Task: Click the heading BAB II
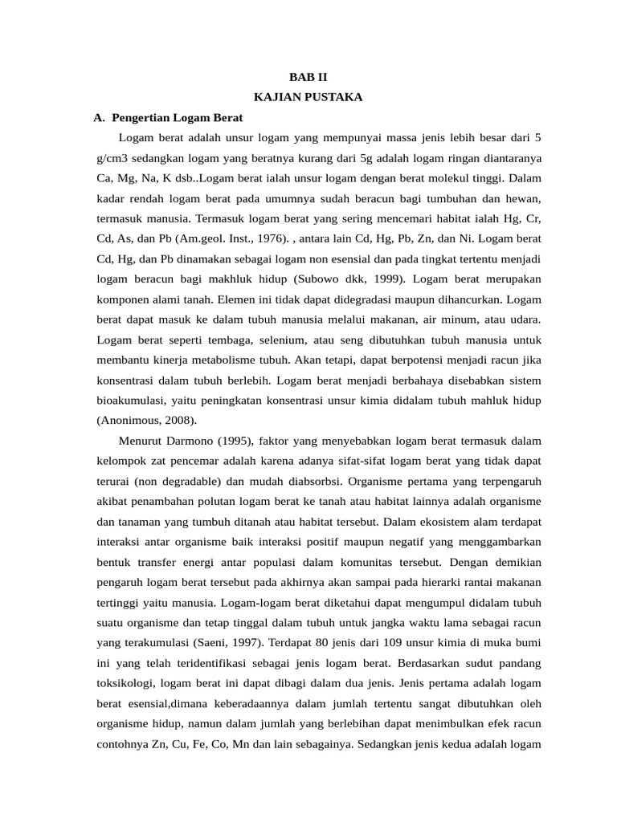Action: tap(308, 78)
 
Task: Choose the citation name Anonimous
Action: tap(130, 420)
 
